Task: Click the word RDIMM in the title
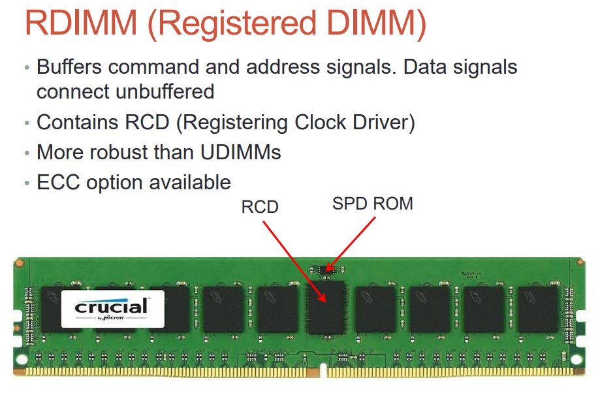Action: click(x=74, y=25)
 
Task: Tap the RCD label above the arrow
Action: click(x=260, y=207)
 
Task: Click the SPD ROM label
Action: click(x=373, y=204)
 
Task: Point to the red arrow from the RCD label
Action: click(x=293, y=260)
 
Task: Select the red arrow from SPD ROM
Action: click(x=353, y=241)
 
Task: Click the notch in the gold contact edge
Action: click(x=323, y=370)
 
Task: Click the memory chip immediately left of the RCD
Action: click(x=277, y=308)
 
